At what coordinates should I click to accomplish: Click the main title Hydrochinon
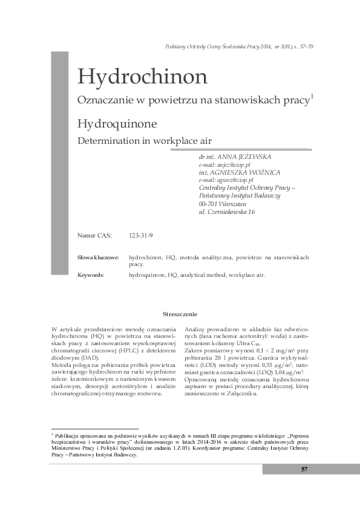(142, 77)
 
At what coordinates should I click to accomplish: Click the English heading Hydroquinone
(117, 124)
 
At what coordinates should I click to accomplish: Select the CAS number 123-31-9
(141, 235)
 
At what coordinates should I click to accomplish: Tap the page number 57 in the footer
(304, 470)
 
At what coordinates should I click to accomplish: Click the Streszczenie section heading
(180, 314)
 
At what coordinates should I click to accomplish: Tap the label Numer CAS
(95, 235)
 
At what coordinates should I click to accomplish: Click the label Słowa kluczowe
(98, 258)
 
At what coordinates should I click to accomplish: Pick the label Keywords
(91, 275)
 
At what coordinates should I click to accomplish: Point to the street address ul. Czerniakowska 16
(227, 212)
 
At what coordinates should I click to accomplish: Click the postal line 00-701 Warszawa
(223, 204)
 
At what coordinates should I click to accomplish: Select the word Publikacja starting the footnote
(68, 435)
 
